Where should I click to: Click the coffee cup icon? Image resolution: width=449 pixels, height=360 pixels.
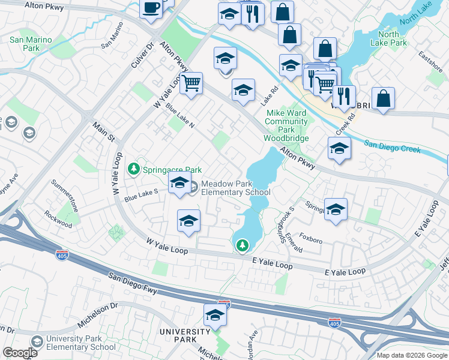tap(151, 9)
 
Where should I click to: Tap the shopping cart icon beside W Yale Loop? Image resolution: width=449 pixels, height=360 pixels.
tap(191, 84)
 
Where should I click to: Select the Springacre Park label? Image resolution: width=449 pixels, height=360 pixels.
tap(171, 170)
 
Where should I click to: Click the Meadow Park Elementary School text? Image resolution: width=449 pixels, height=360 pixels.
tap(235, 188)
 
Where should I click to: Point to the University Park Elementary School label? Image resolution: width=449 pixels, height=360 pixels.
tap(81, 343)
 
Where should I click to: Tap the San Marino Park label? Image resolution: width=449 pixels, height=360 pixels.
tap(30, 44)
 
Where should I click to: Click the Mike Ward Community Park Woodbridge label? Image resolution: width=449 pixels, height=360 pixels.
tap(286, 125)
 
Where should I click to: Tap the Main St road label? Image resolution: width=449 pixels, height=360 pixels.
tap(103, 133)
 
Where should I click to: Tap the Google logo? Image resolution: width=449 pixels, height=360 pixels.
tap(20, 353)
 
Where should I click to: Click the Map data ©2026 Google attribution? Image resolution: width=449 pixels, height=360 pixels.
tap(411, 355)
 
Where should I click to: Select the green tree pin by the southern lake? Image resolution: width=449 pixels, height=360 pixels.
tap(242, 245)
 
